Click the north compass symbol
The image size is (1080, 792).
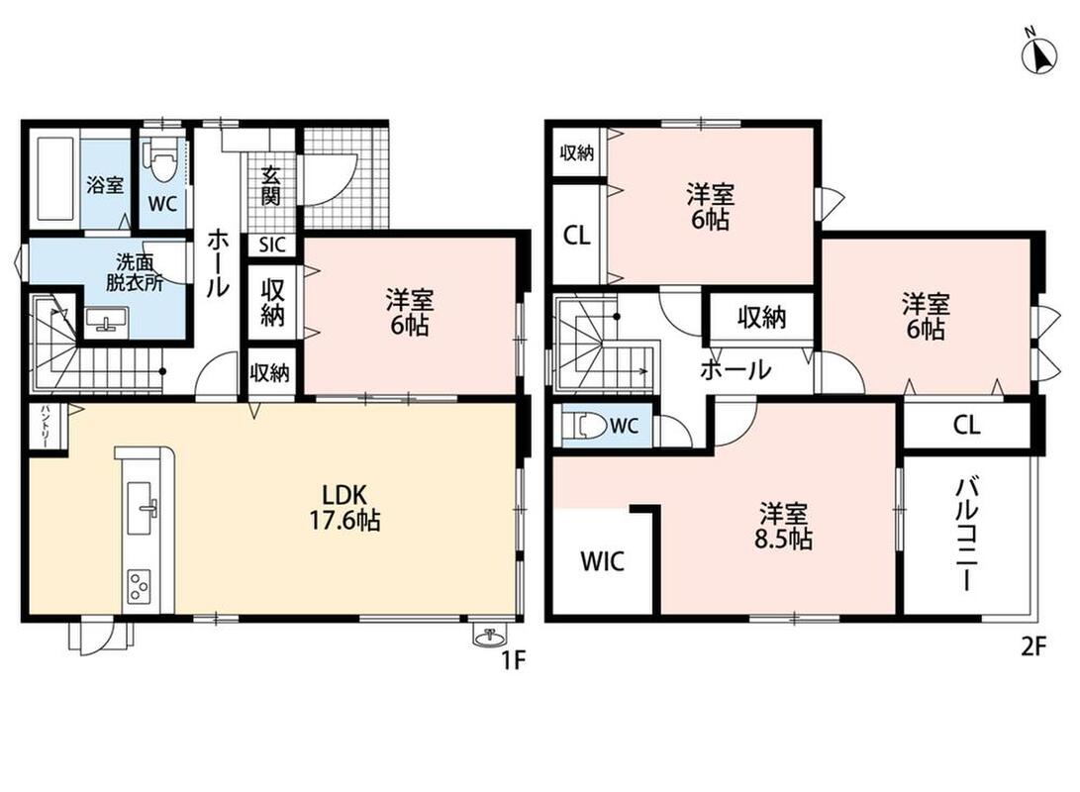point(1038,53)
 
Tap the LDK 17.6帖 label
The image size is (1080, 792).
point(344,507)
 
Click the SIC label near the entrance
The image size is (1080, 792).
point(271,246)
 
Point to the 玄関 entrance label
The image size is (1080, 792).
point(270,187)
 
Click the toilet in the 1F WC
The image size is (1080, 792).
point(161,162)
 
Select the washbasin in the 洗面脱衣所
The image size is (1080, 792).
point(107,320)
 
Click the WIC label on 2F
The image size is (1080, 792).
point(603,561)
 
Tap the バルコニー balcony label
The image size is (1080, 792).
point(965,536)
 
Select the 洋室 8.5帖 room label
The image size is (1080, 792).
point(783,526)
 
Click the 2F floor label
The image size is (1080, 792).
point(1033,646)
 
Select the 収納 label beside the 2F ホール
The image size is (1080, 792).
point(762,318)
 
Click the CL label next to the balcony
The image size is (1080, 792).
point(966,425)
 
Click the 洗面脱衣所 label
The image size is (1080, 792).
point(134,272)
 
